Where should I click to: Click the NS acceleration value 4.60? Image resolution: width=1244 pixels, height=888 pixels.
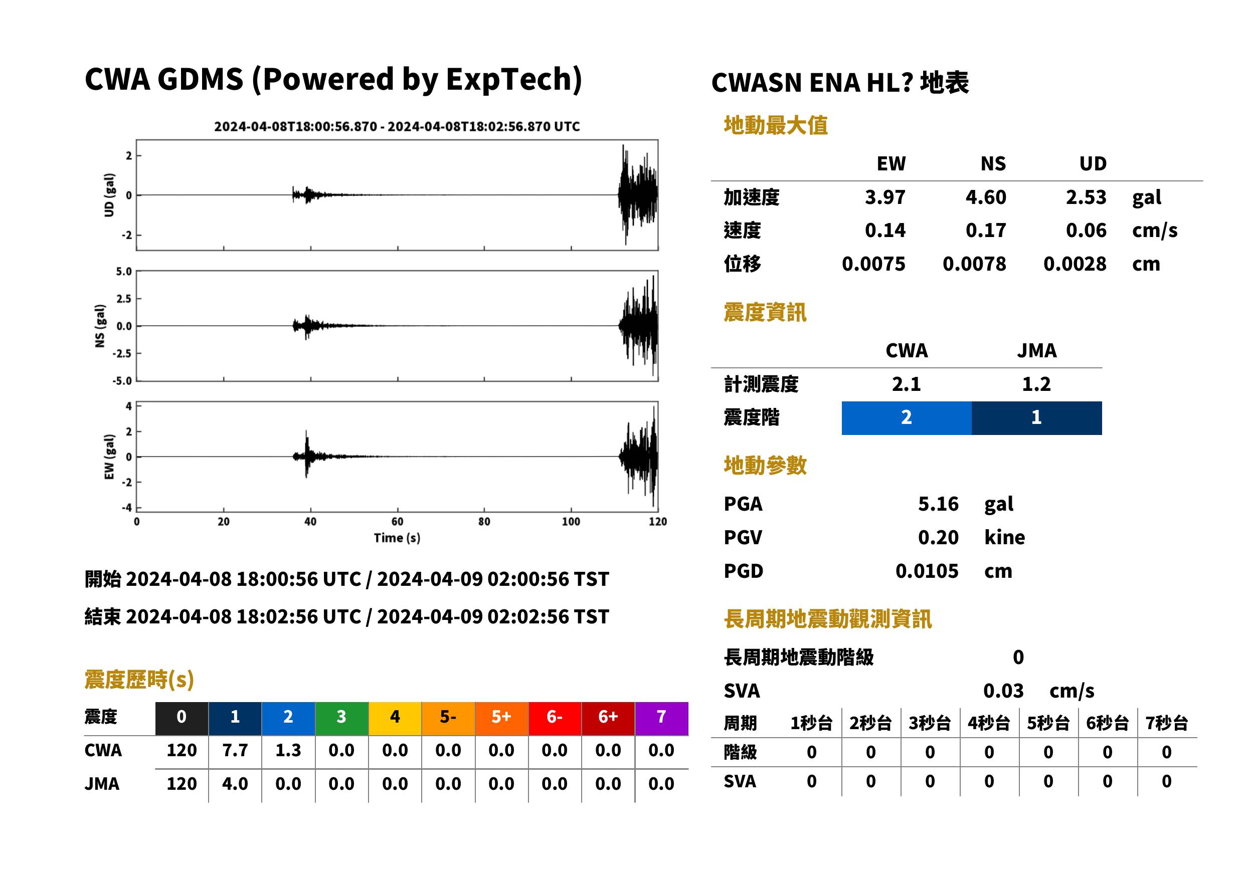tap(985, 197)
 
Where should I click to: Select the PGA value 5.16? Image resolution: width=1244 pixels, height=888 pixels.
tap(938, 504)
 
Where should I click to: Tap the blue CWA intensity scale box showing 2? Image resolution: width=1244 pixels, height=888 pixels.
tap(907, 418)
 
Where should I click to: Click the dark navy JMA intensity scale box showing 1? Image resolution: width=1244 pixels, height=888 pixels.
tap(1037, 418)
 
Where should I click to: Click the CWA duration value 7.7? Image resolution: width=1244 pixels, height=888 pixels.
tap(235, 750)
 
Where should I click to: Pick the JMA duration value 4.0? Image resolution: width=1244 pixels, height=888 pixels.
tap(235, 784)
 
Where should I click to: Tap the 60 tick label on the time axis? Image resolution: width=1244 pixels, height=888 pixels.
tap(397, 522)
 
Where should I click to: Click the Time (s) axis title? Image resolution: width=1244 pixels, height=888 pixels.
tap(397, 538)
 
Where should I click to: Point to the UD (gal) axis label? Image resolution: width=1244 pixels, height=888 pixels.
tap(109, 195)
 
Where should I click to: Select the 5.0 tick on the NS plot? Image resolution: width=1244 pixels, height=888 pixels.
tap(124, 271)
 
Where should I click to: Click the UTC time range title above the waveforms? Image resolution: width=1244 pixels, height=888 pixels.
tap(397, 126)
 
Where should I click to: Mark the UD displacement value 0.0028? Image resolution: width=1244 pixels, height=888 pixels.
tap(1075, 264)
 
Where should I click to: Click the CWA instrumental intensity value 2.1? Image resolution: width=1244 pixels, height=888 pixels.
tap(907, 384)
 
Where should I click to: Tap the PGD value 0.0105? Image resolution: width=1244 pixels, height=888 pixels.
tap(927, 571)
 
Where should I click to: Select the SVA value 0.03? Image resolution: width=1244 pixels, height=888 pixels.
tap(1003, 691)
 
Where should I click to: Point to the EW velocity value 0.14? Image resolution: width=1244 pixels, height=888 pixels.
tap(885, 230)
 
